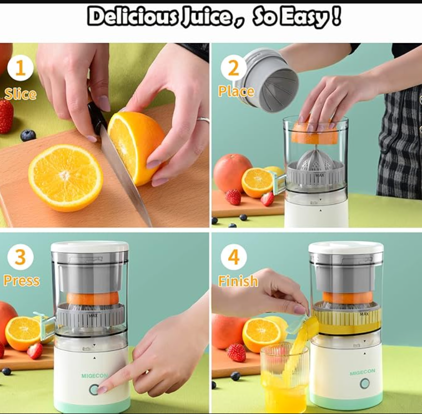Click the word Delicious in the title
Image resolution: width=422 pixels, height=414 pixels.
pyautogui.click(x=132, y=17)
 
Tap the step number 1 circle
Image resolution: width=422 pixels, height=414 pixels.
pyautogui.click(x=21, y=68)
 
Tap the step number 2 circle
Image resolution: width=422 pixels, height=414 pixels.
pyautogui.click(x=234, y=68)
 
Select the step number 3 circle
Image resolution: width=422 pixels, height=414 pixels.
pyautogui.click(x=21, y=257)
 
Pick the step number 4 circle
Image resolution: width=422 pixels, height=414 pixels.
pyautogui.click(x=234, y=257)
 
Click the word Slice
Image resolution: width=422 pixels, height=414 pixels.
pyautogui.click(x=21, y=94)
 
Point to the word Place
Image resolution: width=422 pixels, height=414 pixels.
pyautogui.click(x=236, y=92)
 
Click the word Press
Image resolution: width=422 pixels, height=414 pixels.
pyautogui.click(x=22, y=281)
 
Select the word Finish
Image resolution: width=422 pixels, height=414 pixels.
pyautogui.click(x=238, y=281)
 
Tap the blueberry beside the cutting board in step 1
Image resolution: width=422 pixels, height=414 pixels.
pyautogui.click(x=28, y=135)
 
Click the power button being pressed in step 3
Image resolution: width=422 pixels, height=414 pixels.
pyautogui.click(x=94, y=389)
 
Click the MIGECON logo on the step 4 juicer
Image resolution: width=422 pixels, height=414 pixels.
pyautogui.click(x=362, y=372)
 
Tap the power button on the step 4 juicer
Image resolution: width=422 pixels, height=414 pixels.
pyautogui.click(x=365, y=383)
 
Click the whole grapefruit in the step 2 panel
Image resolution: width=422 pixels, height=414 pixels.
pyautogui.click(x=232, y=173)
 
